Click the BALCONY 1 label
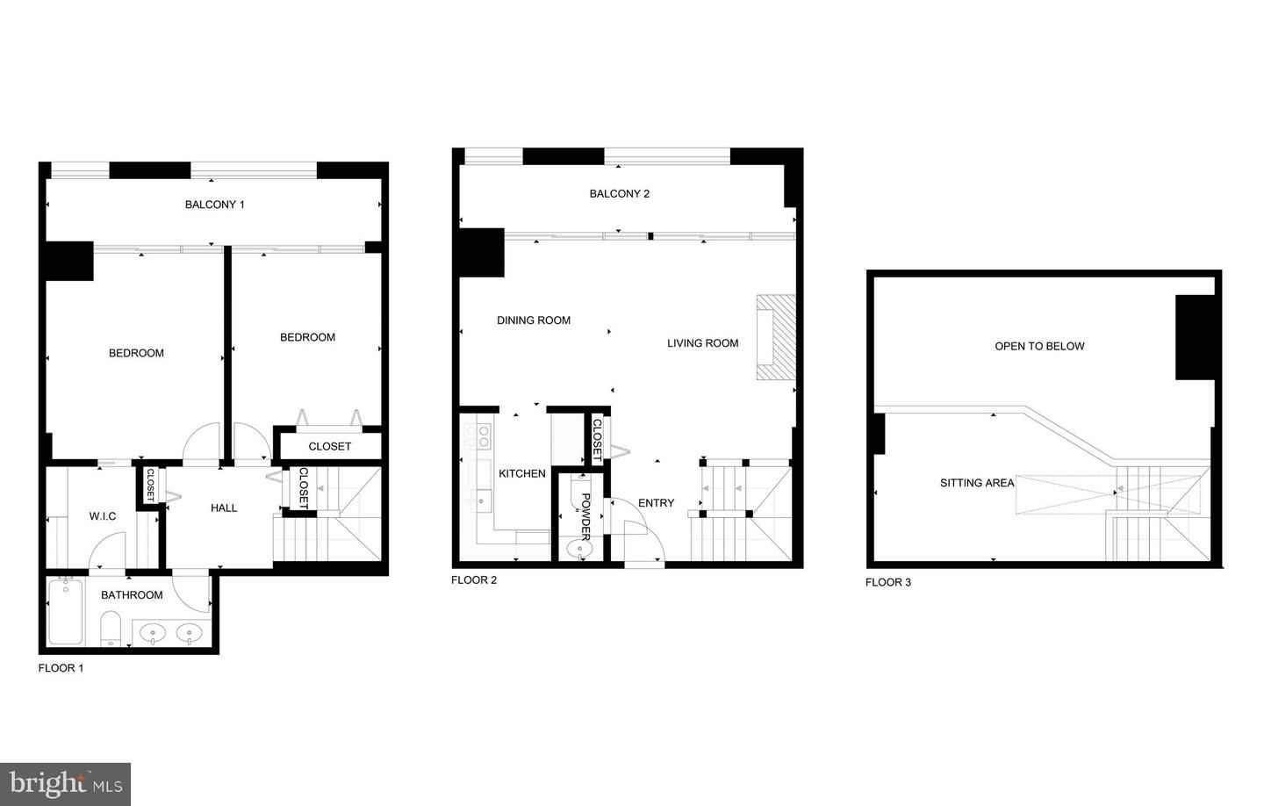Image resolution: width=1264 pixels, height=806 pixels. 214,205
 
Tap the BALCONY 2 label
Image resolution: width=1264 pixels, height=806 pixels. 619,194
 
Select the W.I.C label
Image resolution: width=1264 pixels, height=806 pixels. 103,516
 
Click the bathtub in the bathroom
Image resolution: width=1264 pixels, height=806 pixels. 65,611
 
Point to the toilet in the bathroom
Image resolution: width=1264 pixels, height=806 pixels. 111,629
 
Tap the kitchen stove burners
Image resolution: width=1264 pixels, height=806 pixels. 482,436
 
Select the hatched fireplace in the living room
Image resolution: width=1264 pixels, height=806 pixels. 776,338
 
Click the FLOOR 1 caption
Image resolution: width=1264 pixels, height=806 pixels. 61,668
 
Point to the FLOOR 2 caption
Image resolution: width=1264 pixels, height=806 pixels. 474,580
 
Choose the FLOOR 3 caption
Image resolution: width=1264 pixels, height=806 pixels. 888,582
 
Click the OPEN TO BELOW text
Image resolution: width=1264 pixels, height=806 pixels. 1039,347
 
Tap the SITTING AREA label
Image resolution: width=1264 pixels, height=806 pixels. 976,483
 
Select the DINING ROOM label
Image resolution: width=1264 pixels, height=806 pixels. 534,320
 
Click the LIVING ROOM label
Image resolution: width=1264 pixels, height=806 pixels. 702,343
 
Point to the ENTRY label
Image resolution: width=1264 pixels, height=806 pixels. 656,503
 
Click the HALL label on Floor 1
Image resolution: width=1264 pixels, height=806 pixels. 224,508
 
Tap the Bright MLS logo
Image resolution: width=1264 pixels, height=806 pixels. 65,783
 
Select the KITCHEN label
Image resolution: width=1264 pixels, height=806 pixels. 522,474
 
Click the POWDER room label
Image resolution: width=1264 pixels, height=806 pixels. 585,515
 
